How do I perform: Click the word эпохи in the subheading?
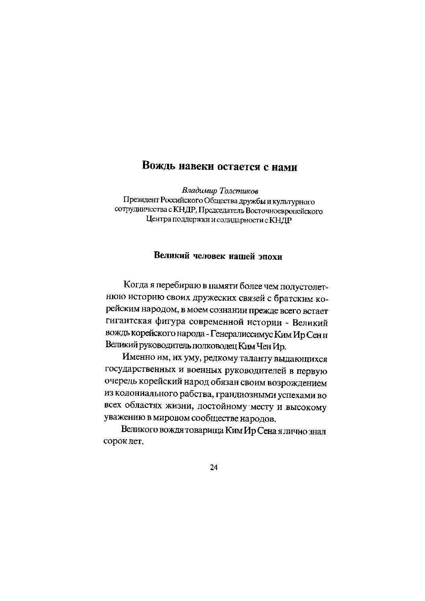(270, 257)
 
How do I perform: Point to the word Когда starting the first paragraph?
(136, 285)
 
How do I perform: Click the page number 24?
(213, 467)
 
